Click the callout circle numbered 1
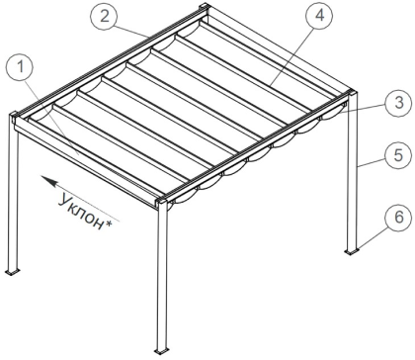tap(20, 67)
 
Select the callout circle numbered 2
tap(105, 16)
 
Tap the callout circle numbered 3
tap(399, 103)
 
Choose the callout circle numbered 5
tap(398, 155)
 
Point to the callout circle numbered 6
tap(398, 218)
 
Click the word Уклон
tap(81, 212)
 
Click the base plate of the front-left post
tap(13, 272)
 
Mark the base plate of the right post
tap(352, 251)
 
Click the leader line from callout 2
tap(131, 30)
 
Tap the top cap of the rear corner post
tap(204, 7)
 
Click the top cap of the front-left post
tap(15, 116)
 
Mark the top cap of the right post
tap(352, 92)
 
